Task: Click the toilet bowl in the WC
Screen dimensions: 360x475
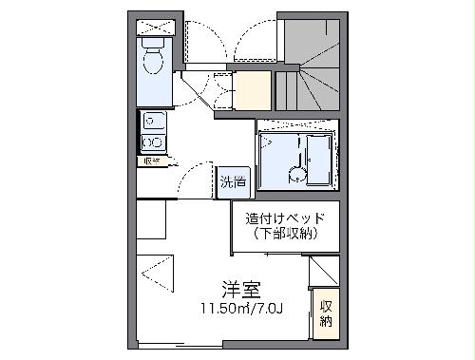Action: click(153, 61)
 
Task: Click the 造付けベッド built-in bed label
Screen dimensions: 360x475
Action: click(284, 218)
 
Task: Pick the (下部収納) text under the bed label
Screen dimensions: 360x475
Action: click(284, 233)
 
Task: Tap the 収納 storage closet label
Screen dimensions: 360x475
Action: click(326, 313)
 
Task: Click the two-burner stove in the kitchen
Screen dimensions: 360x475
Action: click(152, 142)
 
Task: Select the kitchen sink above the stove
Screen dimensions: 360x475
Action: click(152, 121)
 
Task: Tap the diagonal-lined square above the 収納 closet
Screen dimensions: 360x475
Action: click(324, 270)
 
